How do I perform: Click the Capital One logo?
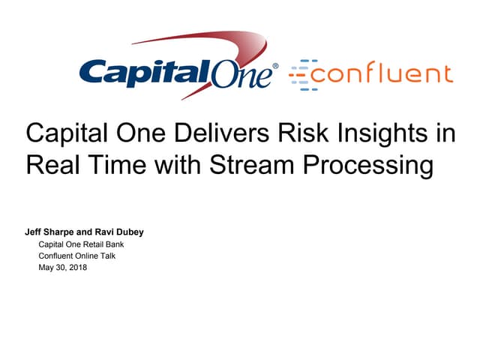point(178,73)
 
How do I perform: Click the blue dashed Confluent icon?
point(304,73)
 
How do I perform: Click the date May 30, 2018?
point(63,268)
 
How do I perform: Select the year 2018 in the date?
point(77,268)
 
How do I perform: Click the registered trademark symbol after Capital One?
point(275,67)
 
